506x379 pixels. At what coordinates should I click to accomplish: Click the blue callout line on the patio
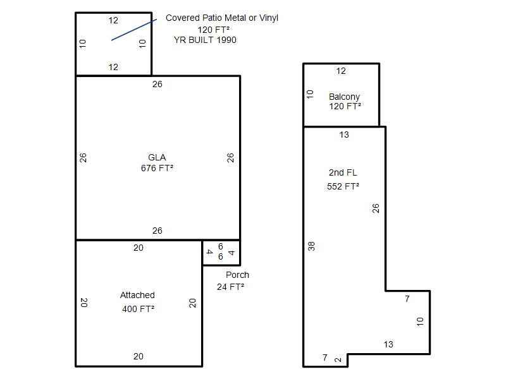point(134,30)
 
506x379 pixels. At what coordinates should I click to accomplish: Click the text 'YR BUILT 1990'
point(205,40)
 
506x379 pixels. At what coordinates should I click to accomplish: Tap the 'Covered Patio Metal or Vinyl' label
point(222,18)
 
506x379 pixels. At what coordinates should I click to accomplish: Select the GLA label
point(157,157)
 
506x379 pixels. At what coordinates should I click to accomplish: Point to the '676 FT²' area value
point(157,168)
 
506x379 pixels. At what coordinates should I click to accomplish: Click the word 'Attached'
point(137,295)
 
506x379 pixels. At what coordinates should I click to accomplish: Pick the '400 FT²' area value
point(138,309)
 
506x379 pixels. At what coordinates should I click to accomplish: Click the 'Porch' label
point(238,275)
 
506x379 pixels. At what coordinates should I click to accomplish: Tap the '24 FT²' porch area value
point(230,287)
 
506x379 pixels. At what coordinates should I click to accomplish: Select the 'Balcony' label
point(344,97)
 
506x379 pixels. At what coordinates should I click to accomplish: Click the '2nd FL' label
point(343,172)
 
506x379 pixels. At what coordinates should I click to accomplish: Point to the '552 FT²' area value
point(343,186)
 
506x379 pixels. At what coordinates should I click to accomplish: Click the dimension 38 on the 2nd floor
point(311,246)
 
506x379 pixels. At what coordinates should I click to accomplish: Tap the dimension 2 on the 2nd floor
point(338,359)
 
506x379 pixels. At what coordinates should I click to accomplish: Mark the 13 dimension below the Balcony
point(344,135)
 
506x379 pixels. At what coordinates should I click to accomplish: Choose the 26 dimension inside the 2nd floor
point(376,208)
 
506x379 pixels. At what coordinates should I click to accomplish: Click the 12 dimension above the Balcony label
point(341,71)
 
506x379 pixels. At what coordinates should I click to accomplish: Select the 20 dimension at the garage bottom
point(139,356)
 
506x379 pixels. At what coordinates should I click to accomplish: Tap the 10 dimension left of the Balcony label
point(310,94)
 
